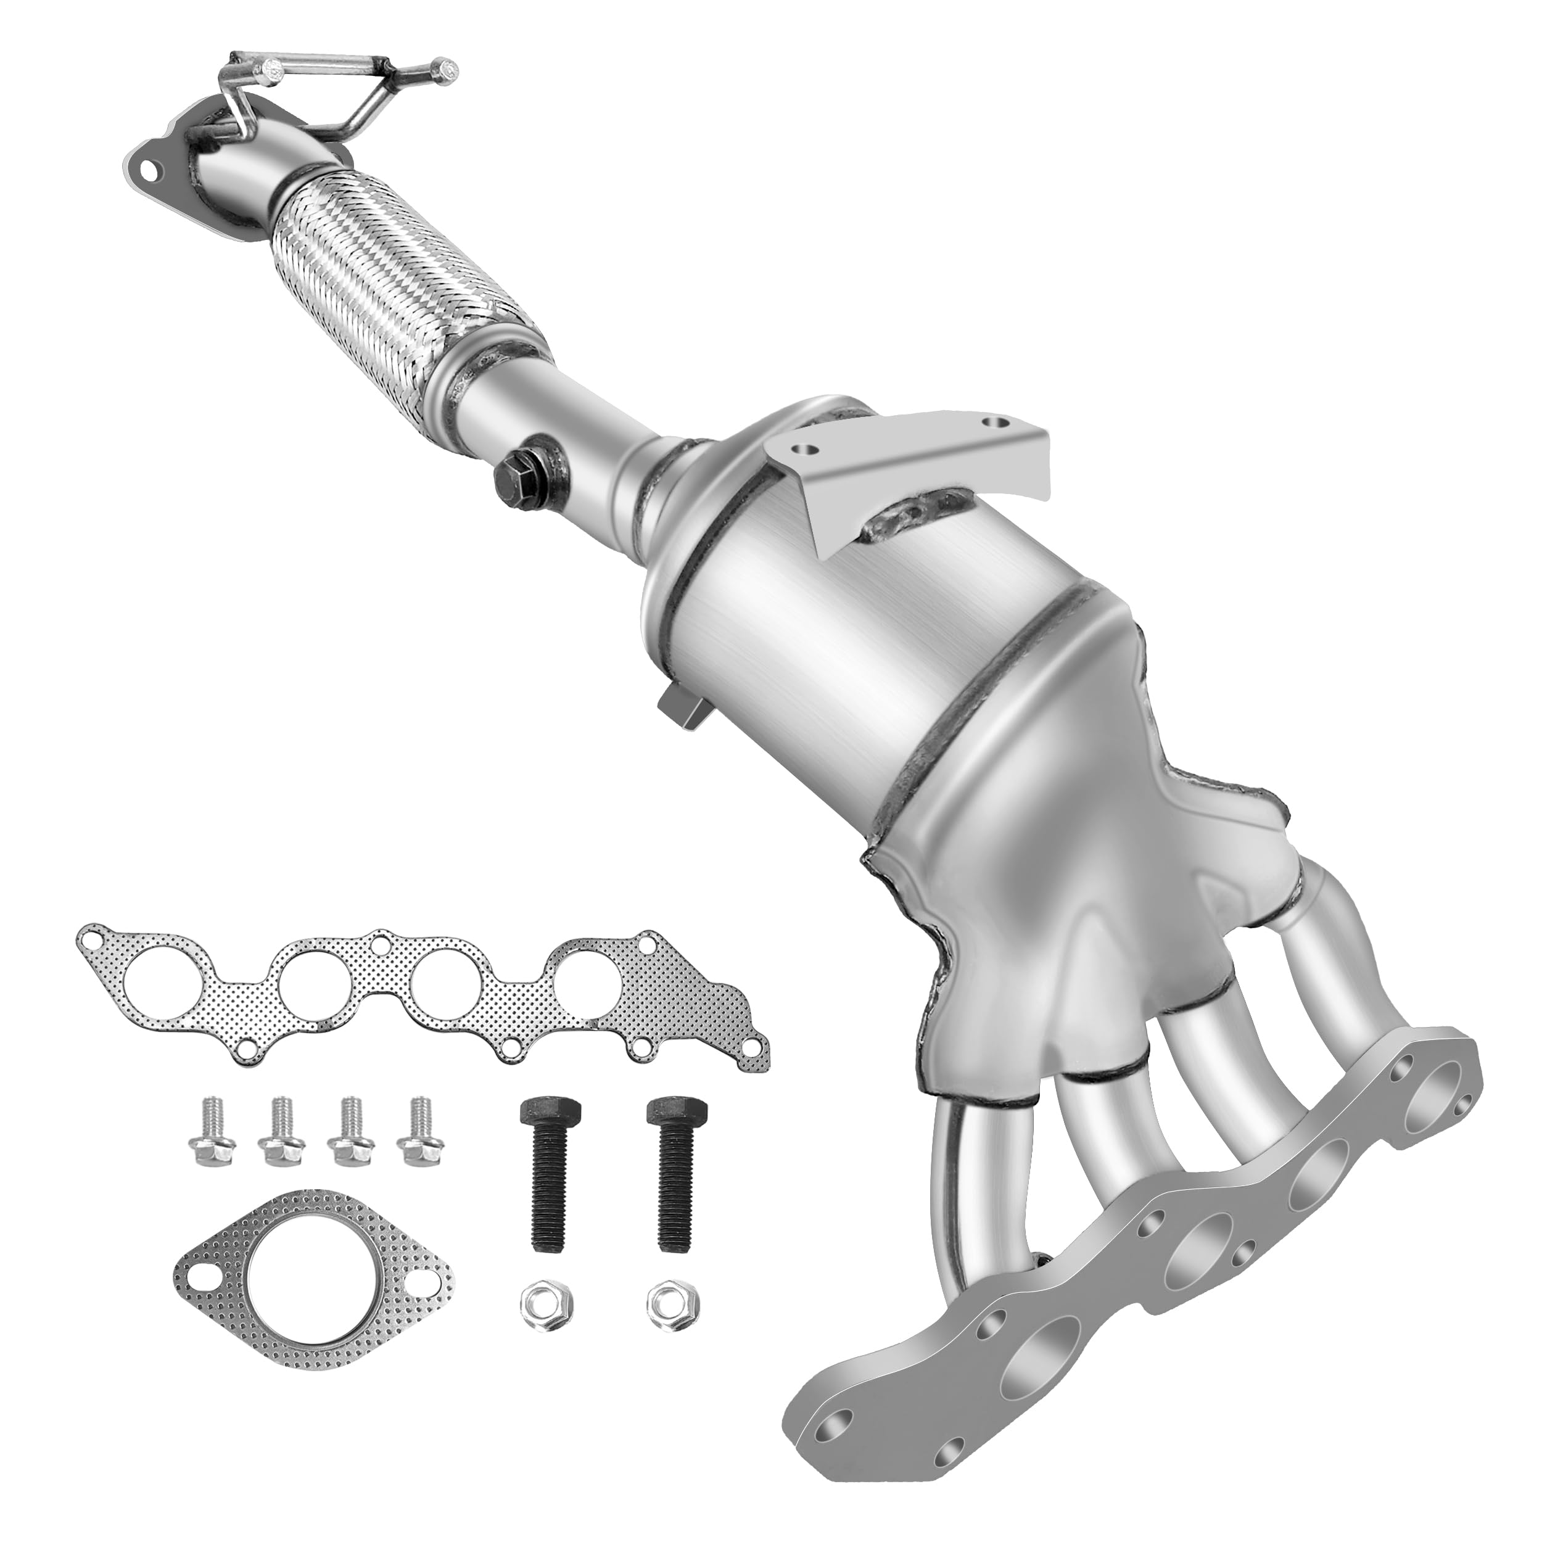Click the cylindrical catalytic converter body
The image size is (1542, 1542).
click(x=814, y=630)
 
